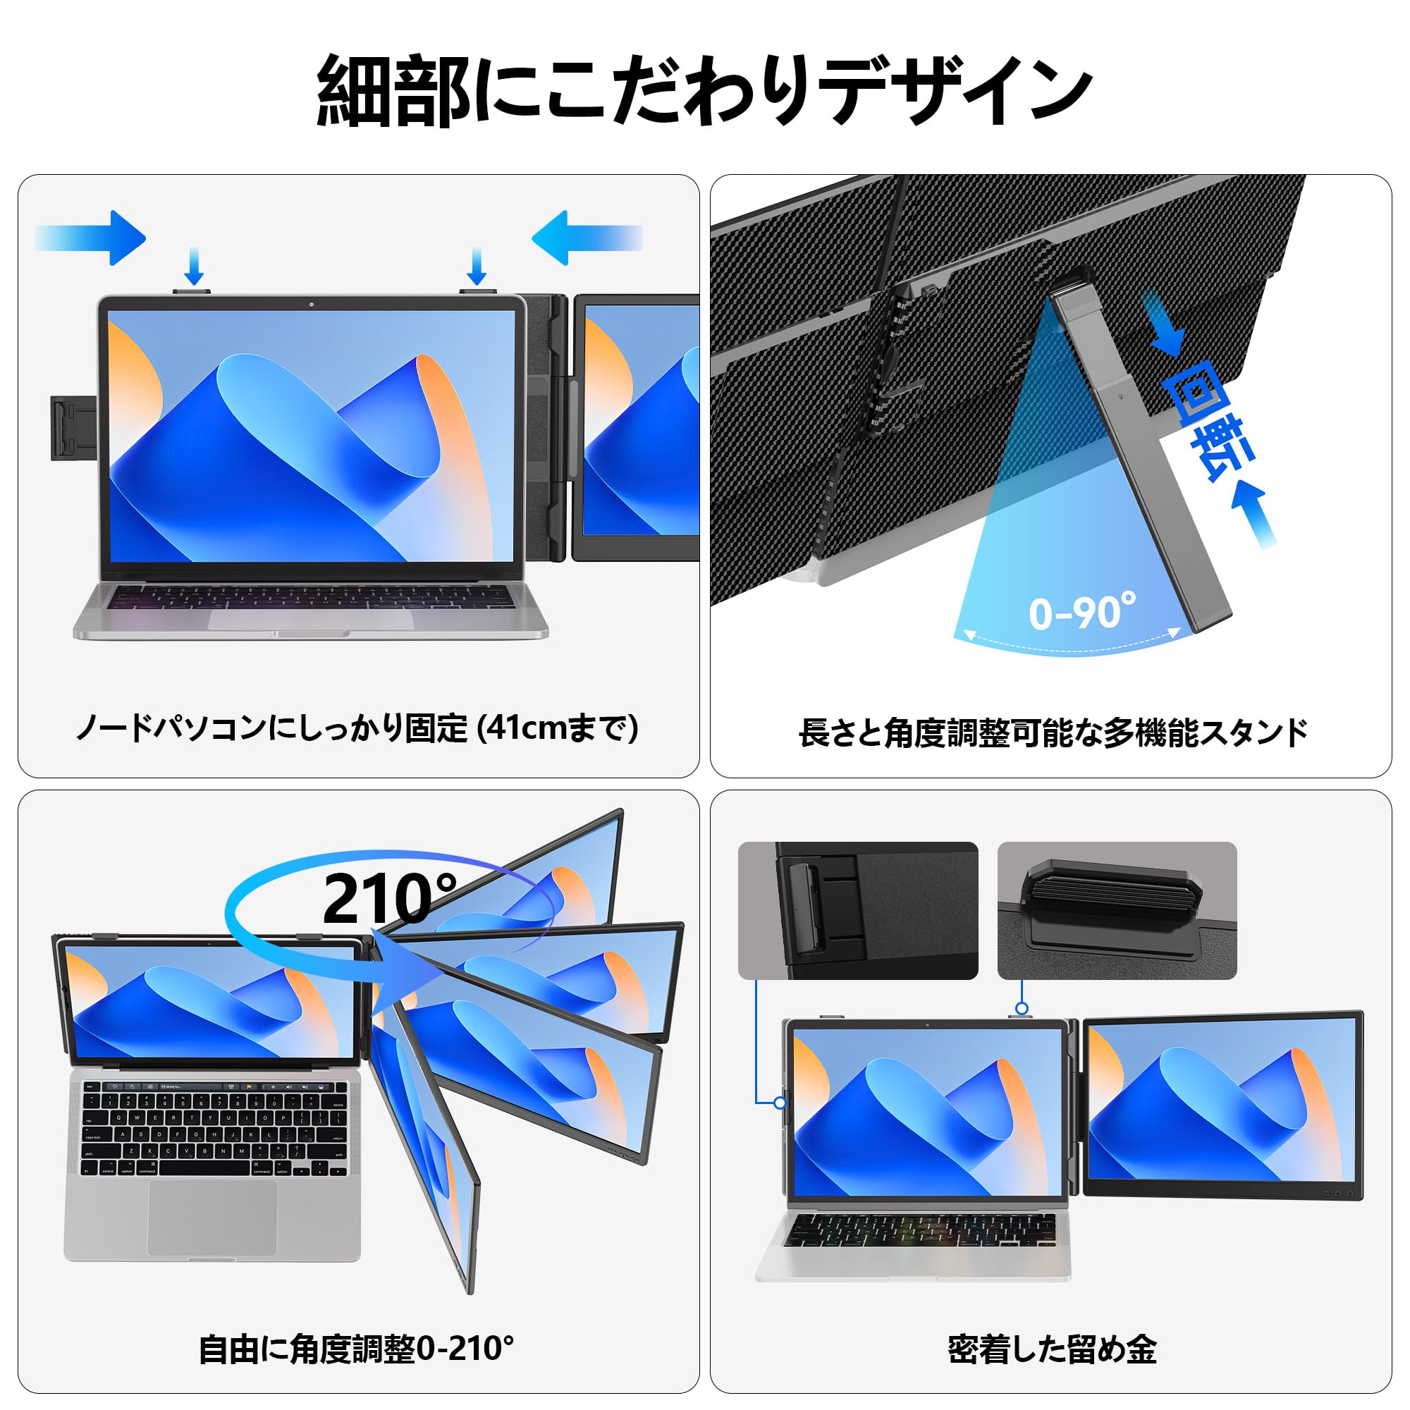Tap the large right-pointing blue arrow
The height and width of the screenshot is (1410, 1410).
click(95, 238)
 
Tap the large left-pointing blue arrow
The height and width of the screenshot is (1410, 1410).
click(584, 238)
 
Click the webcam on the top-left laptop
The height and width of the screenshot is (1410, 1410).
click(312, 304)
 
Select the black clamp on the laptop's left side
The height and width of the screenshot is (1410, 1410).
click(73, 428)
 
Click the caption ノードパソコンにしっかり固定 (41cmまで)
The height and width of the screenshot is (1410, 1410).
click(357, 728)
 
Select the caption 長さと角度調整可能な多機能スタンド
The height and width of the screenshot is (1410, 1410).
click(1053, 732)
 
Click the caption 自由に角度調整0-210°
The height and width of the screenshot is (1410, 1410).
click(357, 1349)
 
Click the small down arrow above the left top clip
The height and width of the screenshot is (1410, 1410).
click(193, 266)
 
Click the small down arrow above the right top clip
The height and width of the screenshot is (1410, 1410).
click(477, 266)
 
